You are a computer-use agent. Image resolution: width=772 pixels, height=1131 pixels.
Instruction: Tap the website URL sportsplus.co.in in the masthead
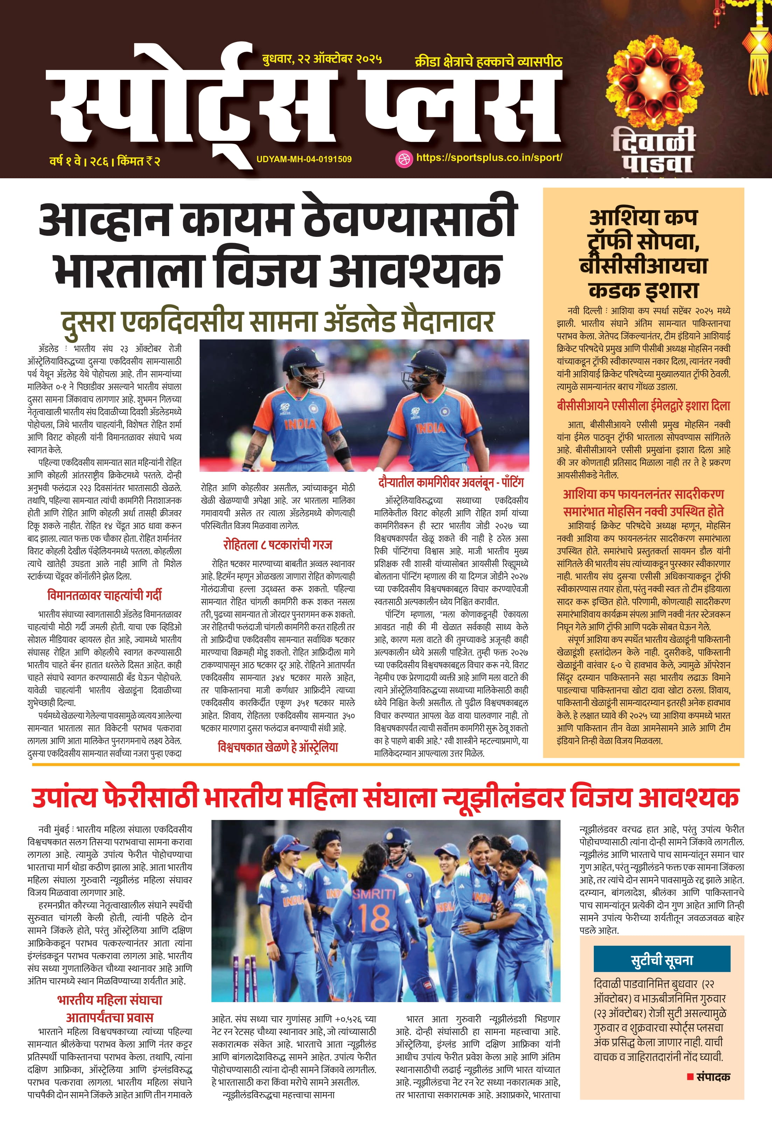tap(489, 158)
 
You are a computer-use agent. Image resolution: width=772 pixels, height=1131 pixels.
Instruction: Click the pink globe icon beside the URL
tap(403, 159)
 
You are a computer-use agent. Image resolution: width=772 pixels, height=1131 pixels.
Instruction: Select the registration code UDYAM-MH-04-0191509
tap(304, 159)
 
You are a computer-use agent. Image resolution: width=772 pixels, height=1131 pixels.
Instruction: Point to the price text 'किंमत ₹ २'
tap(139, 161)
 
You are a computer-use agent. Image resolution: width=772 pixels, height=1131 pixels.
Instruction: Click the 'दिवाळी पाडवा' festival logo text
tap(653, 150)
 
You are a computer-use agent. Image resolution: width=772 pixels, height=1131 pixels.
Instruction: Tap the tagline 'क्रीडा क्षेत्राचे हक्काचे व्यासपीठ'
tap(488, 62)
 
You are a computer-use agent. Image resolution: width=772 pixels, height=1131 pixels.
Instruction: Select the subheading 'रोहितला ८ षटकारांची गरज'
tap(278, 545)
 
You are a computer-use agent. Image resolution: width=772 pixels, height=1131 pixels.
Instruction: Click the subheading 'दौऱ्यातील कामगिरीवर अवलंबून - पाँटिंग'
tap(451, 483)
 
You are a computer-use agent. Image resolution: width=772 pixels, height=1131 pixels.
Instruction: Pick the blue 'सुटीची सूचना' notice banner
tap(662, 958)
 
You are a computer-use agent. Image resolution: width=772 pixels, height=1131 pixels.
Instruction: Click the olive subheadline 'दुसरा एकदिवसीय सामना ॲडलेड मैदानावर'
tap(277, 322)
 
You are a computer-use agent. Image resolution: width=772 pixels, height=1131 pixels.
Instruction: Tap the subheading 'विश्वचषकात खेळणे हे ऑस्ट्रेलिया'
tap(277, 747)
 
